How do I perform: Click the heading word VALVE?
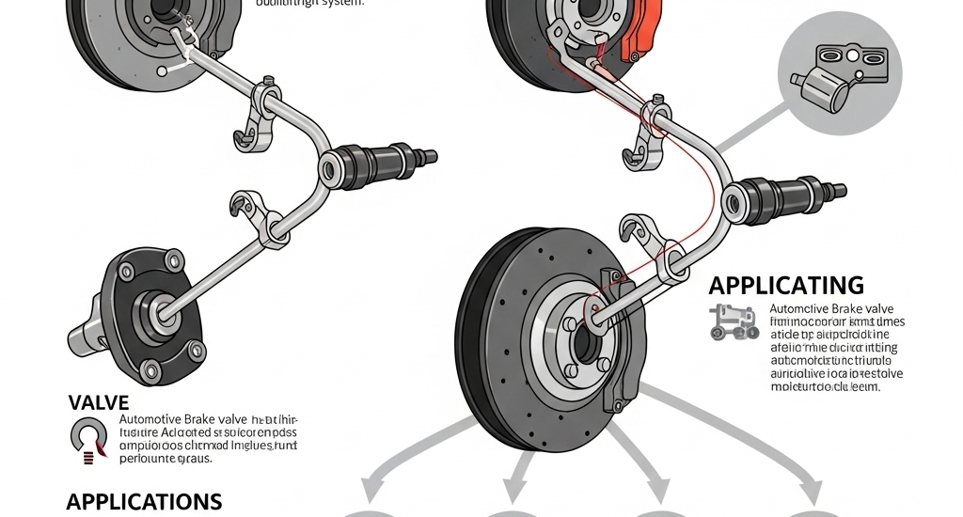(x=98, y=402)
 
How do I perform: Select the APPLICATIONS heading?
(x=144, y=500)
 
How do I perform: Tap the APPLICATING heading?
(x=786, y=285)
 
